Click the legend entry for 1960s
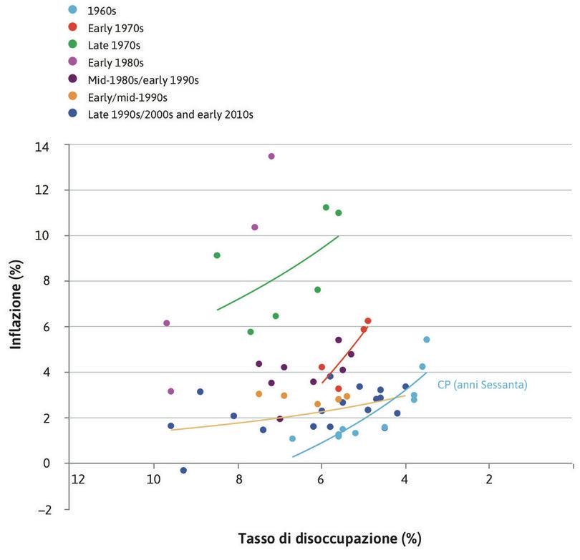point(101,10)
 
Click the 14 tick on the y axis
point(54,145)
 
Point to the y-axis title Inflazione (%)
point(16,304)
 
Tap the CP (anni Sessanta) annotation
point(482,385)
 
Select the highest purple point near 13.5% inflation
point(271,156)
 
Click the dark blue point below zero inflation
point(183,470)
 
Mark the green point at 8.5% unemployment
point(217,255)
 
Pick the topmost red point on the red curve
point(368,321)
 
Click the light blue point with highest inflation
point(427,339)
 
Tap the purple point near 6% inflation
point(167,323)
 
